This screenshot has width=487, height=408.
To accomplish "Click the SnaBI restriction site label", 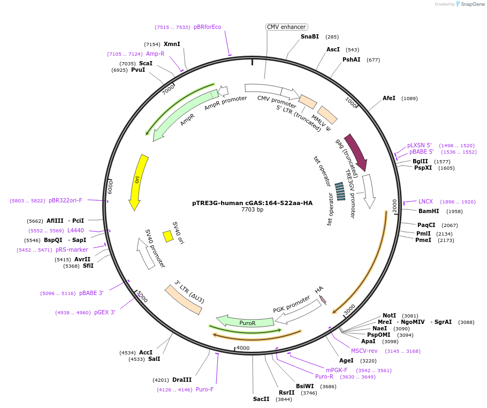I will [309, 36].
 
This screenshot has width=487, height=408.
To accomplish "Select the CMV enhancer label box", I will [286, 27].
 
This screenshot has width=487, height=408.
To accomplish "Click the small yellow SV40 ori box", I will [168, 236].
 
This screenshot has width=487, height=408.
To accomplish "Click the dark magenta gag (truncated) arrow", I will [356, 152].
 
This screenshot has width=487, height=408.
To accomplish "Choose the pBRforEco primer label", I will [207, 27].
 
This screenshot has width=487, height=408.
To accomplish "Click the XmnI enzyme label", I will [172, 44].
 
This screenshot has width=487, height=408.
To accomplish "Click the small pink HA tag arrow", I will [322, 299].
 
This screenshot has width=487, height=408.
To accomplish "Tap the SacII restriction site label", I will [261, 399].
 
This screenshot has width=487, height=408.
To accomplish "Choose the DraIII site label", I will [182, 380].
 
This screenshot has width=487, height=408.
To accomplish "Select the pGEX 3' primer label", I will [105, 312].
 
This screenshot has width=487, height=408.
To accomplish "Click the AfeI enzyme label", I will [389, 98].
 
